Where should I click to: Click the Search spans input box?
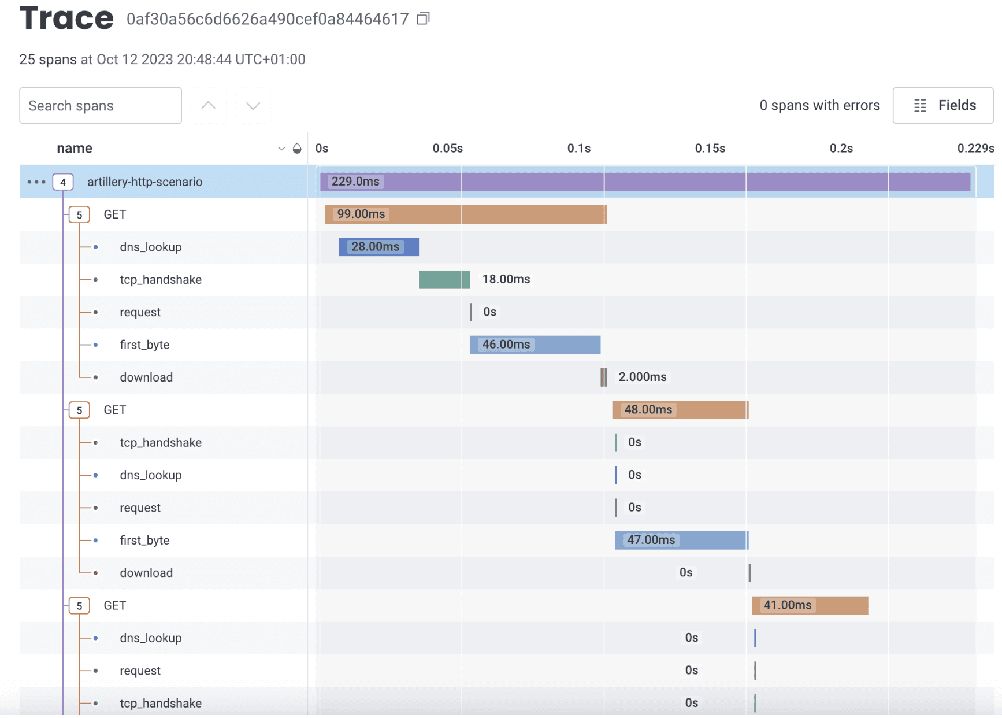click(x=101, y=105)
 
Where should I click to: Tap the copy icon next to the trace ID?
click(x=424, y=19)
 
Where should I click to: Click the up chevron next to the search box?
click(x=209, y=105)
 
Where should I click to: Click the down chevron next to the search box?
click(x=253, y=105)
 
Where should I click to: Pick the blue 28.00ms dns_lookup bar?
click(x=378, y=247)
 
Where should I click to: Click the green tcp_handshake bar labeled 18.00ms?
click(x=444, y=279)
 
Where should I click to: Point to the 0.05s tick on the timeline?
click(x=448, y=149)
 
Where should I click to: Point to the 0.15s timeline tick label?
click(x=710, y=149)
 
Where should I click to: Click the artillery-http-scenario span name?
click(x=145, y=182)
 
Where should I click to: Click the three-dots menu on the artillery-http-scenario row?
click(x=36, y=182)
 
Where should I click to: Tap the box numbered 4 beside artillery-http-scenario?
click(x=63, y=182)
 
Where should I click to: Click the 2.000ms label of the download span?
click(x=642, y=377)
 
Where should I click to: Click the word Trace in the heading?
click(x=66, y=18)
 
